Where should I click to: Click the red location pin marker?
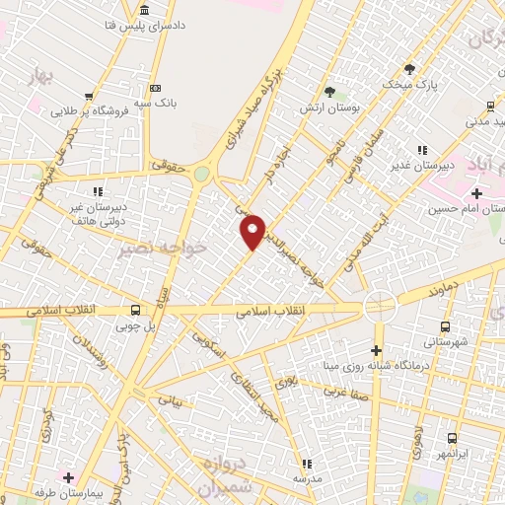pos(253,230)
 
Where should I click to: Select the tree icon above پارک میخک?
pos(409,68)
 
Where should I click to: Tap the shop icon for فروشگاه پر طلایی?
pos(89,97)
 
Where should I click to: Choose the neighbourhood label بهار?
pos(40,75)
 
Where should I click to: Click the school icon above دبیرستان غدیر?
pos(422,150)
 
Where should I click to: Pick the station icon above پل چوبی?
pos(135,309)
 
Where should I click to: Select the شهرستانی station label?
pos(445,341)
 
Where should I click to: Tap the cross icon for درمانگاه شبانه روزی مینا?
pos(376,350)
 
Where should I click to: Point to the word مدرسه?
pos(307,478)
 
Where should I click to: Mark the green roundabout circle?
pos(202,174)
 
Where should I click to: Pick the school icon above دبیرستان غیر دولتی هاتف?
pos(97,191)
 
